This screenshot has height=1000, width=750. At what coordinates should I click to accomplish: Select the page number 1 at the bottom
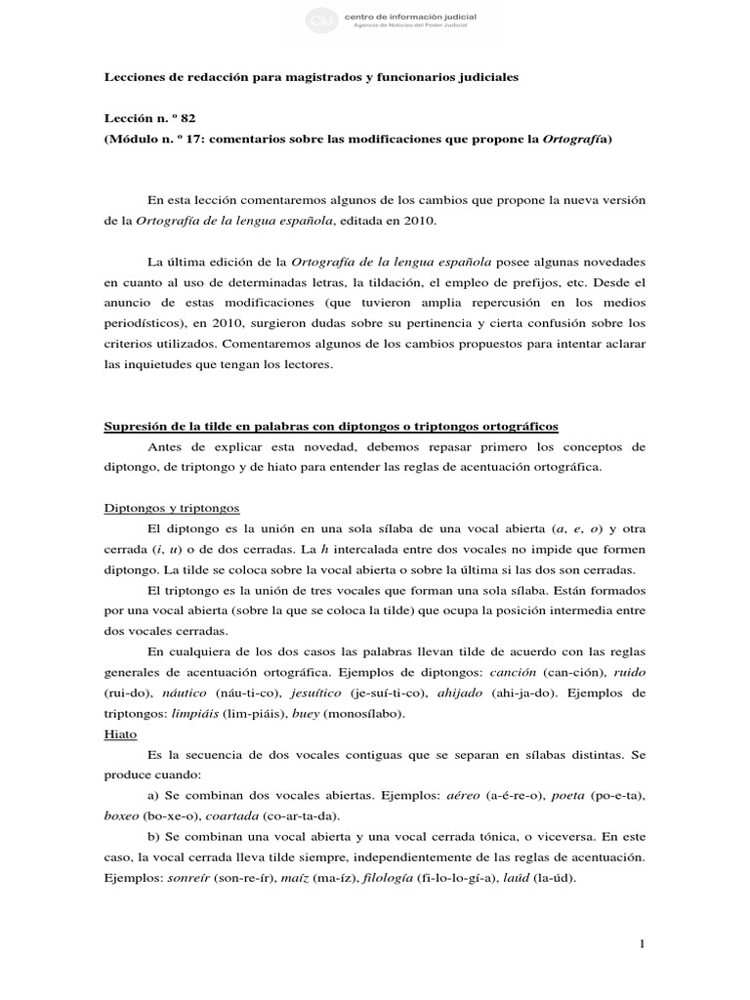(643, 943)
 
